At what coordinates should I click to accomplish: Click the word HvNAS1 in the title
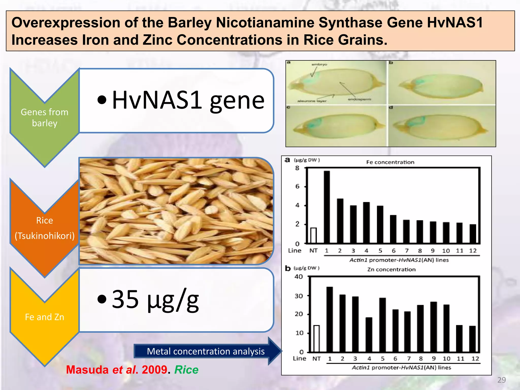point(454,22)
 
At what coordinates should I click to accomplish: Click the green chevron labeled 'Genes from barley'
point(44,118)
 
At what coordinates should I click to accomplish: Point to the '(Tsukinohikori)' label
point(44,236)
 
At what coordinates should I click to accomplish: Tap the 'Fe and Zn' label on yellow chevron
point(44,317)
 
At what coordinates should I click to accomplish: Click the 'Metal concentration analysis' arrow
point(206,351)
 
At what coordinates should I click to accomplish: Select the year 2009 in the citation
point(154,370)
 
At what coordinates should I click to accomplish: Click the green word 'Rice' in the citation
point(186,370)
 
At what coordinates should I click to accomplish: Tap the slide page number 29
point(501,380)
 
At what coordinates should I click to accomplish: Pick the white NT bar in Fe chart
point(314,236)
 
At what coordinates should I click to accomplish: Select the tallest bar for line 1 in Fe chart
point(327,207)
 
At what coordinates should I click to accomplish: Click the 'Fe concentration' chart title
point(390,162)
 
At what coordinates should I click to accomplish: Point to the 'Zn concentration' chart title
point(391,270)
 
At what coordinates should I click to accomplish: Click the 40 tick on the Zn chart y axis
point(299,277)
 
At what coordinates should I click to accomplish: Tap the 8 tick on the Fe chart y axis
point(297,168)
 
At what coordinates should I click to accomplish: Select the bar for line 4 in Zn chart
point(369,335)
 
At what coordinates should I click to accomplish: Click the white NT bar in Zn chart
point(316,338)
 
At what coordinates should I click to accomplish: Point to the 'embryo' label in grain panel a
point(319,64)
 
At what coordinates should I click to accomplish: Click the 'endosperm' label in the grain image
point(359,99)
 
